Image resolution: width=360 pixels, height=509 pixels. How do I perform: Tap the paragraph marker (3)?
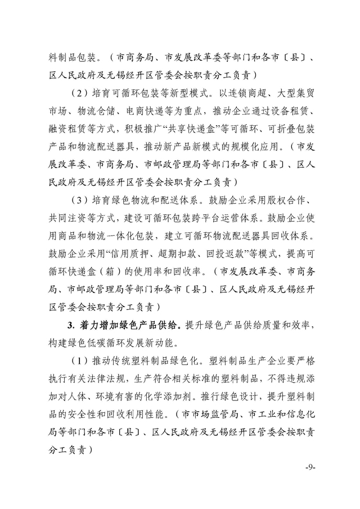pos(80,200)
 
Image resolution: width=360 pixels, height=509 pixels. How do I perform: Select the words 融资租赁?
pos(63,129)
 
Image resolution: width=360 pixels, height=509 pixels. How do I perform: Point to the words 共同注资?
pos(63,218)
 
